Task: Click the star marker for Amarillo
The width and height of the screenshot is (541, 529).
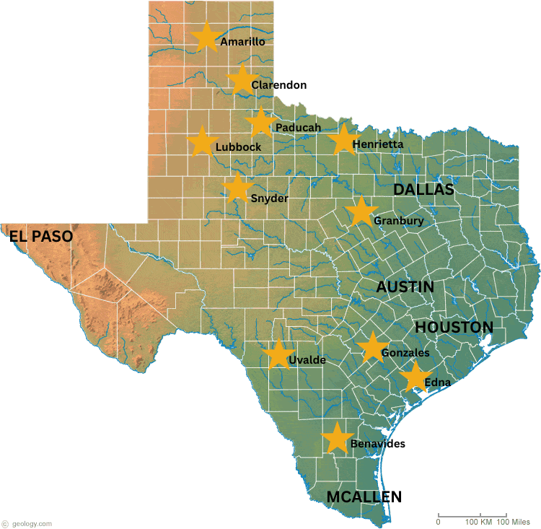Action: pos(206,38)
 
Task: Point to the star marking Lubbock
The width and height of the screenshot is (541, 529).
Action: pos(202,141)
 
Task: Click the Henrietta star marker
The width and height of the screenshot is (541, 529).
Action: pos(343,139)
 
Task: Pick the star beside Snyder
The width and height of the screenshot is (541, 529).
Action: pos(237,188)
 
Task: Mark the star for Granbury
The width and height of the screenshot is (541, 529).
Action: pos(360,211)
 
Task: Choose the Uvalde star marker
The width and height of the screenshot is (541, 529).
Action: pos(278,354)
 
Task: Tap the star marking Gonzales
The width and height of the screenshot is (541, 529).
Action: pos(372,348)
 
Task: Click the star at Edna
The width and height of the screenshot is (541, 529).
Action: pos(415,377)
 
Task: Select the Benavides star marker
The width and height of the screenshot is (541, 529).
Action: pos(336,439)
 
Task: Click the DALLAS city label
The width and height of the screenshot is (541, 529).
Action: pos(423,190)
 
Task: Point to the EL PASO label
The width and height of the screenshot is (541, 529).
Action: pos(41,236)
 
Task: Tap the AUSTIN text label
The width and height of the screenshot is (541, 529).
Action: pos(405,287)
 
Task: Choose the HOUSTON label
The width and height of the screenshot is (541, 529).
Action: pos(454,327)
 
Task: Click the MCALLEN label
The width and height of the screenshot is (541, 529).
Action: pos(364,497)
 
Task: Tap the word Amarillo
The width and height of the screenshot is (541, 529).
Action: pos(242,42)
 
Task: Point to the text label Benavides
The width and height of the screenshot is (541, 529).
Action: pos(377,444)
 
